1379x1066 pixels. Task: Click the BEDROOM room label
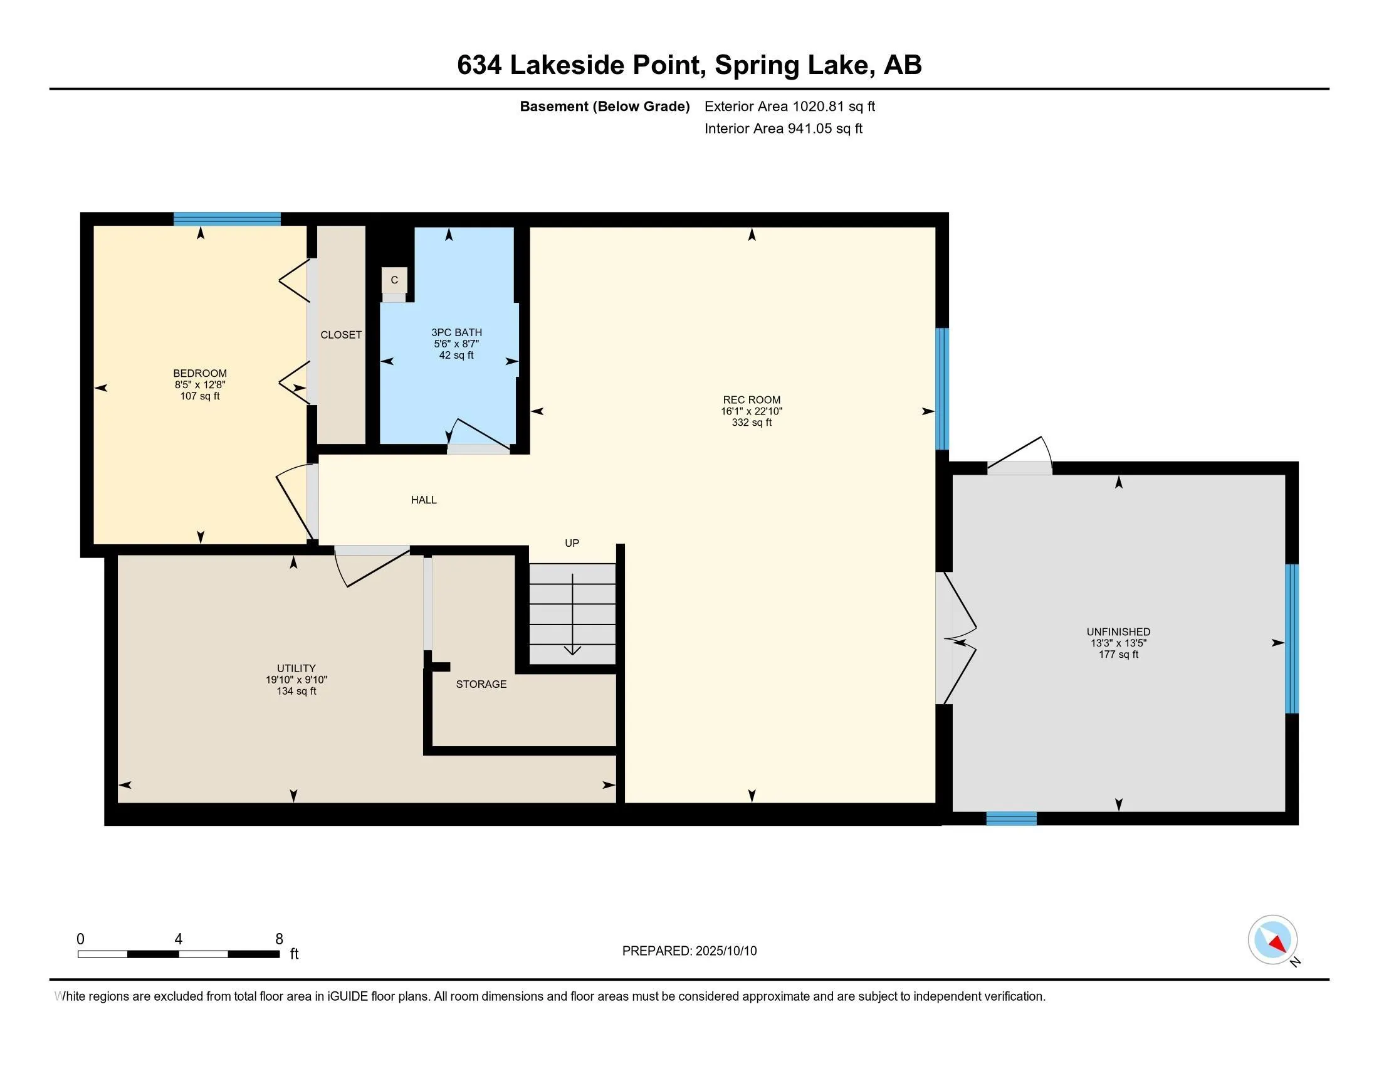[x=200, y=373]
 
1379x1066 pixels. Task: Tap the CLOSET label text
[x=341, y=335]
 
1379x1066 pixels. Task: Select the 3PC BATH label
[x=456, y=332]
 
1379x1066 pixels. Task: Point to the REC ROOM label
[x=752, y=400]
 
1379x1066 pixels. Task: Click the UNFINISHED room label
[x=1118, y=631]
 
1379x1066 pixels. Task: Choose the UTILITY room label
[x=296, y=668]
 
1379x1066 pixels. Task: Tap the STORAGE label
[x=481, y=684]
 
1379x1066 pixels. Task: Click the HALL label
[x=424, y=500]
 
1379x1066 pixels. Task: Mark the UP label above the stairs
[x=572, y=543]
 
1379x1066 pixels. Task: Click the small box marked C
[x=394, y=280]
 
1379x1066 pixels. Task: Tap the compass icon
[x=1273, y=940]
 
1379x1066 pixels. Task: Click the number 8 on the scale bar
[x=279, y=939]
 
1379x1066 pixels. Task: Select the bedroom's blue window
[x=228, y=219]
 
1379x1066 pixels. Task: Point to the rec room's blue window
[x=942, y=388]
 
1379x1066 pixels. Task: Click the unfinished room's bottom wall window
[x=1012, y=818]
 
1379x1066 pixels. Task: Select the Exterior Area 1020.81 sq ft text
[x=790, y=106]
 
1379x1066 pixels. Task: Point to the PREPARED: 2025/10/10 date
[x=689, y=951]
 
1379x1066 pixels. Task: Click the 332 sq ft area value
[x=752, y=423]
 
